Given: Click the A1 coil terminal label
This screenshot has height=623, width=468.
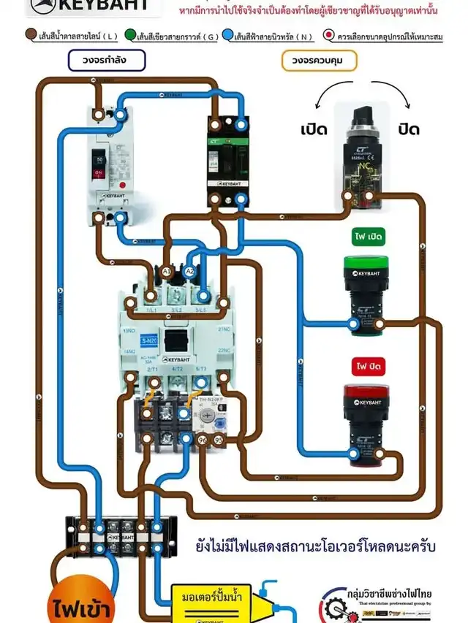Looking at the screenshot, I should pyautogui.click(x=167, y=272).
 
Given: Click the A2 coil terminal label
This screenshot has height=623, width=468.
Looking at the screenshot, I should pyautogui.click(x=189, y=272).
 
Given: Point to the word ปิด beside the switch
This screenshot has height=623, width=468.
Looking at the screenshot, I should pyautogui.click(x=409, y=130).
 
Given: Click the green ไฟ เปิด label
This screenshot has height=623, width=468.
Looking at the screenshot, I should pyautogui.click(x=364, y=237).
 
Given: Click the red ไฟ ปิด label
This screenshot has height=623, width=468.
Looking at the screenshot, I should pyautogui.click(x=364, y=365).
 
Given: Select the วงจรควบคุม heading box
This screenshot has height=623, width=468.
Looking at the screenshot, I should pyautogui.click(x=314, y=61).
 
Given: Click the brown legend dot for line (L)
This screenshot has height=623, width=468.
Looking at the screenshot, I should pyautogui.click(x=31, y=35).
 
